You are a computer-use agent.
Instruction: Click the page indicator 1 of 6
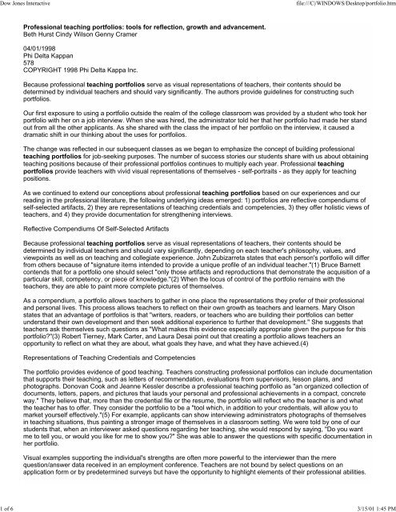11,506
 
